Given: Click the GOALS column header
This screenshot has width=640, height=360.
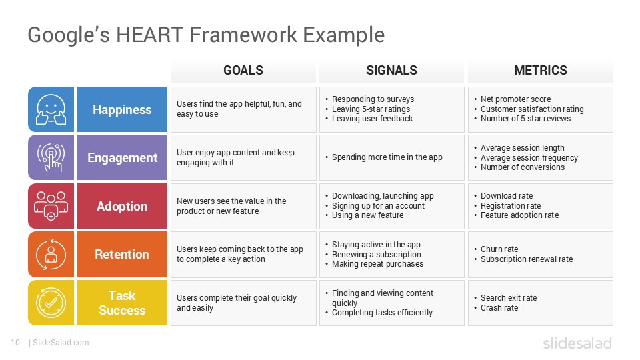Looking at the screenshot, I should pos(243,70).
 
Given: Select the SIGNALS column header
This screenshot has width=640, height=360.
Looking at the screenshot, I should pos(391,70).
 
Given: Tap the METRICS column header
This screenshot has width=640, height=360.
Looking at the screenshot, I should pos(540,70).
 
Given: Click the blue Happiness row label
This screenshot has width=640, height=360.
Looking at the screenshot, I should pos(122,109).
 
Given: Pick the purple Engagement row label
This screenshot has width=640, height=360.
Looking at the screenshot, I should pos(122,158).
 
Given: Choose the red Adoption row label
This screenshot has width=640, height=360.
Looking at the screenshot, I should pos(122,206).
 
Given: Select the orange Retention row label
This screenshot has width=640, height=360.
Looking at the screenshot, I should pos(122,255).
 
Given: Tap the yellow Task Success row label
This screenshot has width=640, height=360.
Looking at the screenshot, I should pos(122,303).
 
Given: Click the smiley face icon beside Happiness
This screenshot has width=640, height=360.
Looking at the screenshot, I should pos(51,109).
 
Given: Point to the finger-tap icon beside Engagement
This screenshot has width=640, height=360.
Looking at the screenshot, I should pos(51,158).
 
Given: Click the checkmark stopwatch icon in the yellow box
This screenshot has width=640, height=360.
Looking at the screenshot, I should pos(51,303).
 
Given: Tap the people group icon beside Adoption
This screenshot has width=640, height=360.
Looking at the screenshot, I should pos(51,206).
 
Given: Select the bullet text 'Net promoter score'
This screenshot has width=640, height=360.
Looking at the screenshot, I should pos(515,99).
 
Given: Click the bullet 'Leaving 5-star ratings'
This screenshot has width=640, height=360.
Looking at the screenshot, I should pos(371,109).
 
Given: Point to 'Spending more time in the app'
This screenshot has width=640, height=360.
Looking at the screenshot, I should pos(387,158).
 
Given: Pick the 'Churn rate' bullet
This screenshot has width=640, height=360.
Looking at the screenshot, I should pos(499,249).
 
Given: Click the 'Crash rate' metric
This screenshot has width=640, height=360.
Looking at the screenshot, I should pos(499,308).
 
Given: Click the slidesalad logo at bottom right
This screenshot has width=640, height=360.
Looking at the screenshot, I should pos(577,343).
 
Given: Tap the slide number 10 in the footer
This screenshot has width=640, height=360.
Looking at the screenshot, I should pos(15,343).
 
